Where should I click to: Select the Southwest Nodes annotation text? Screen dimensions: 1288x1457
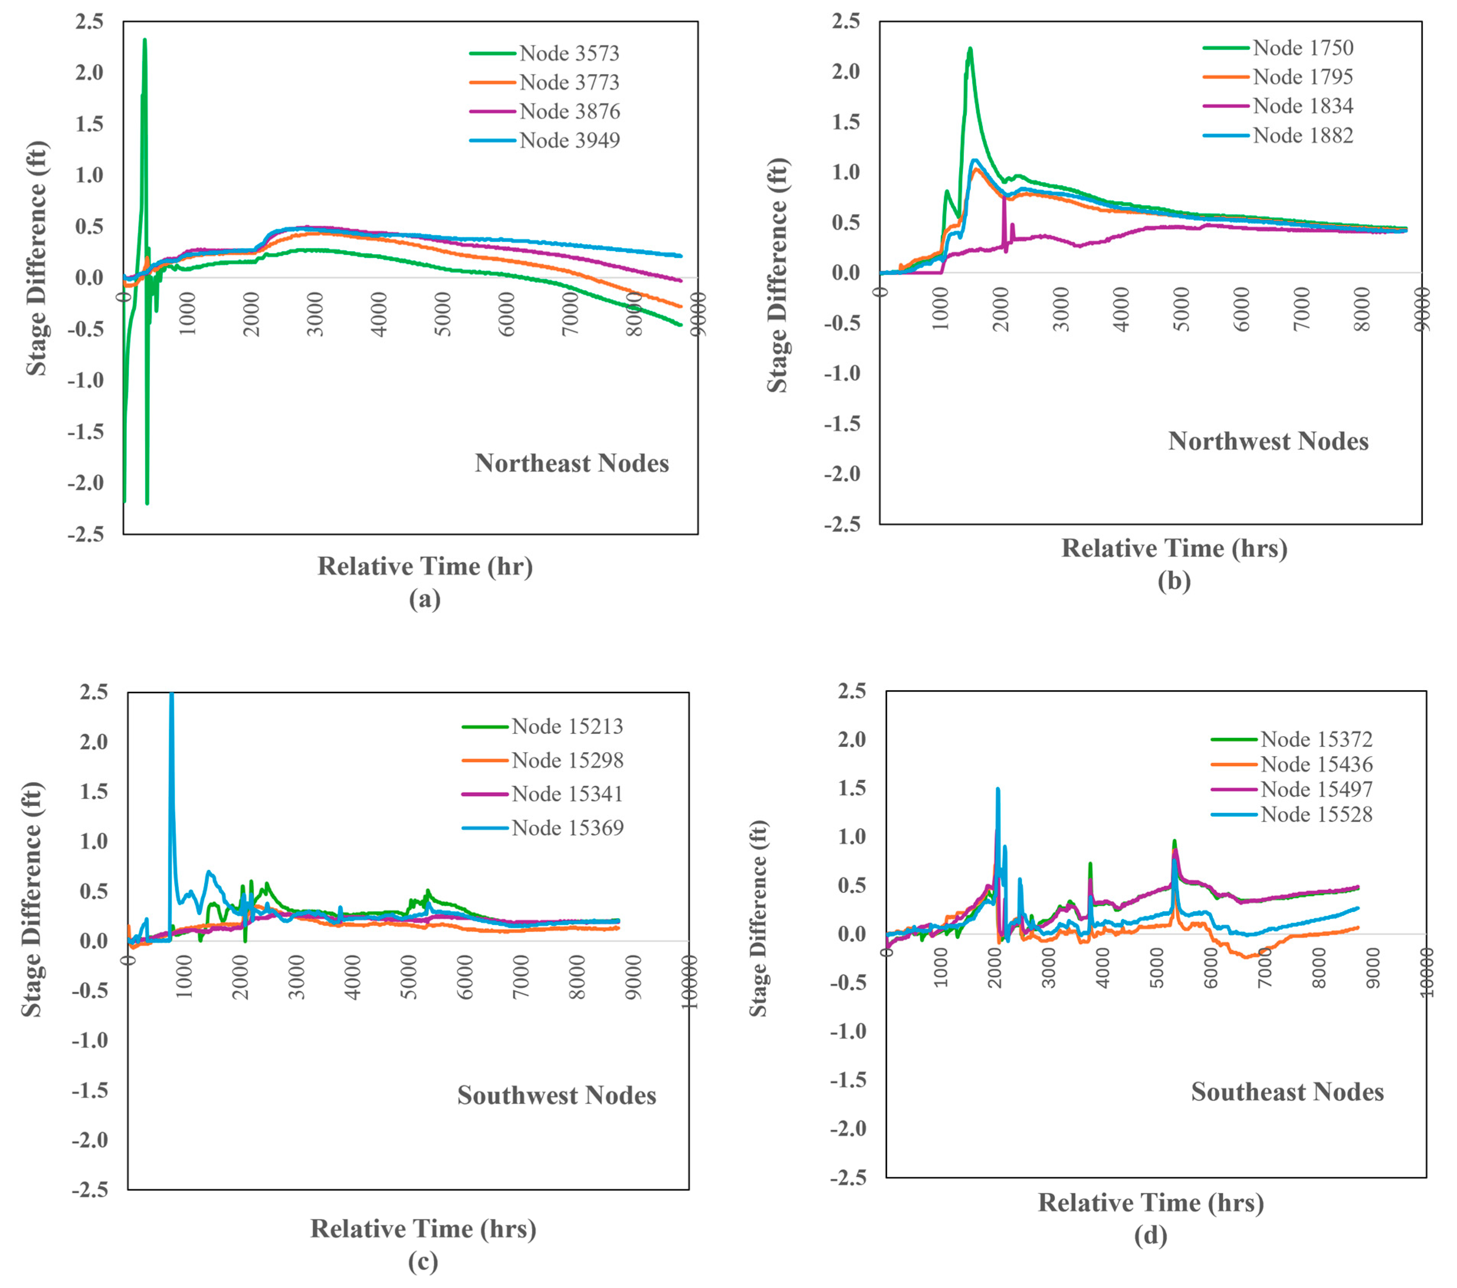coord(557,1096)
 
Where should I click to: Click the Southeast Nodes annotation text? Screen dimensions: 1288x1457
coord(1286,1092)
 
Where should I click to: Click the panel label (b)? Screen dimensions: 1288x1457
coord(1173,581)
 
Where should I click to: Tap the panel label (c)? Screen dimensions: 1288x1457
coord(423,1262)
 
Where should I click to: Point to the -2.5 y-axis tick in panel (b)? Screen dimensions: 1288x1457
coord(842,524)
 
